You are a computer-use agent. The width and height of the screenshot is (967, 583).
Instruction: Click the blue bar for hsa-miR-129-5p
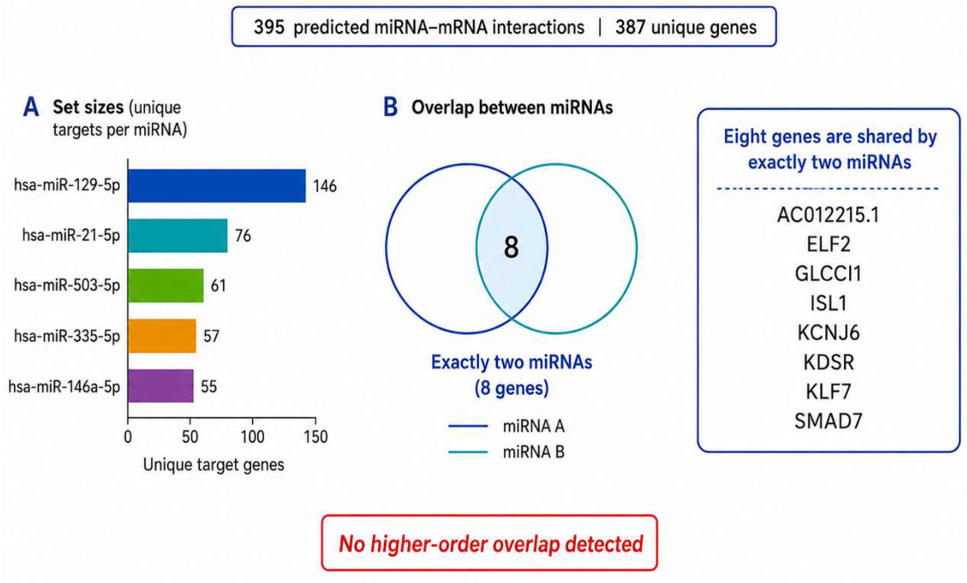click(x=217, y=186)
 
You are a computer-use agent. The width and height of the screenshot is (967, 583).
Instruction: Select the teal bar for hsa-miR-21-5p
click(x=178, y=236)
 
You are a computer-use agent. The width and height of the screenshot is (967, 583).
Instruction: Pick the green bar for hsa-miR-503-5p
click(x=166, y=285)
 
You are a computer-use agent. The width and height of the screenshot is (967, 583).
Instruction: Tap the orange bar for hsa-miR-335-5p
click(x=162, y=336)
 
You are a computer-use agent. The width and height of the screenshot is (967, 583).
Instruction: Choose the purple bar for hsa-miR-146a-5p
click(x=161, y=386)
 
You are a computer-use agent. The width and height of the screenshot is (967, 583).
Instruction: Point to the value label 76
click(x=243, y=236)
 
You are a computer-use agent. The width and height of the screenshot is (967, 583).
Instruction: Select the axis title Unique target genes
click(x=214, y=465)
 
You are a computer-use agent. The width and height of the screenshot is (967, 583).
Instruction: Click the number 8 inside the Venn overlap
click(x=511, y=248)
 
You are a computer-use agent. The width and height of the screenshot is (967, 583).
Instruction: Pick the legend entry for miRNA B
click(x=506, y=452)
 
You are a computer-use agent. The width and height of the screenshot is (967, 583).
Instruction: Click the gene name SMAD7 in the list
click(x=829, y=421)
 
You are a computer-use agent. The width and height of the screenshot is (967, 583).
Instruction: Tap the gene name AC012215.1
click(x=829, y=215)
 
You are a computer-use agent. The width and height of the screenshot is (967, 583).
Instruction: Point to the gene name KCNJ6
click(x=829, y=333)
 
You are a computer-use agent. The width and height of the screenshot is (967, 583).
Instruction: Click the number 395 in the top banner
click(x=269, y=28)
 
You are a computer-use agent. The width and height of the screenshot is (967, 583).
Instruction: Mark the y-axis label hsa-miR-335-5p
click(x=67, y=336)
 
